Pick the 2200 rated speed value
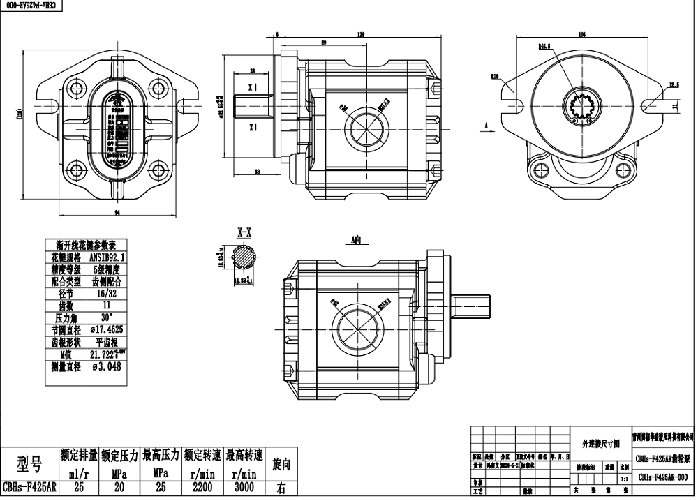203,488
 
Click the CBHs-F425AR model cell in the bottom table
29,488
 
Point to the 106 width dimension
581,34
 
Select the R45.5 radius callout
544,47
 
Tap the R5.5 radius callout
674,85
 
